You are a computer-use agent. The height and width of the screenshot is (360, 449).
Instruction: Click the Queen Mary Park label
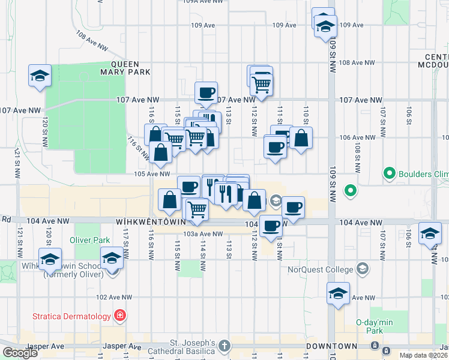point(130,68)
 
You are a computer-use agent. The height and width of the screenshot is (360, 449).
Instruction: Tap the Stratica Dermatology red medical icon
point(120,316)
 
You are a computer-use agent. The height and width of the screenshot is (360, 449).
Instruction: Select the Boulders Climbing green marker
point(389,175)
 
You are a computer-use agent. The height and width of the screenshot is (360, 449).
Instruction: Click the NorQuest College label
point(322,269)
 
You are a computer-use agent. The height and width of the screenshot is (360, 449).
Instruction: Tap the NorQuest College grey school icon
point(362,268)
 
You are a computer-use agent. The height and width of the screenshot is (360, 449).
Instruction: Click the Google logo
point(20,353)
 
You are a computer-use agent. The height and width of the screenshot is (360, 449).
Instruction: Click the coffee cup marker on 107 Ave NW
point(206,92)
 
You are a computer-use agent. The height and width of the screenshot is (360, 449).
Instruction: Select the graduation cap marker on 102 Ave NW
point(338,294)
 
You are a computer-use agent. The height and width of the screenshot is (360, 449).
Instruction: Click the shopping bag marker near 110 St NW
point(301,138)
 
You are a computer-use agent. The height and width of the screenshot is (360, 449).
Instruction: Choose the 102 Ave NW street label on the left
point(114,297)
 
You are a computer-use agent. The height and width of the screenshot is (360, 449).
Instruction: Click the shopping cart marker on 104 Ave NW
point(197,209)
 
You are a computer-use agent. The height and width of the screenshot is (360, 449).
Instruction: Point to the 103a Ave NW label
point(199,234)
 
